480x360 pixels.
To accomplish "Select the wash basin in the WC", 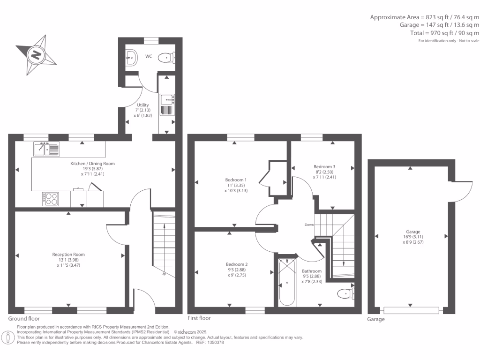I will (131, 57).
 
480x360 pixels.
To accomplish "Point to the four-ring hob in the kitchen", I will (50, 199).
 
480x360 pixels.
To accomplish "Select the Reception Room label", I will (68, 255).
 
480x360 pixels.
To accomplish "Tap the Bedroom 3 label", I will (324, 166).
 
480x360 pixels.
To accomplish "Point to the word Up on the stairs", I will (164, 274).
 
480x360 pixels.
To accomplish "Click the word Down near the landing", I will (309, 225).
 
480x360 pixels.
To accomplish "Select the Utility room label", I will (142, 105).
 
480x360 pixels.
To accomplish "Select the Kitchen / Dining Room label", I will (92, 164).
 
